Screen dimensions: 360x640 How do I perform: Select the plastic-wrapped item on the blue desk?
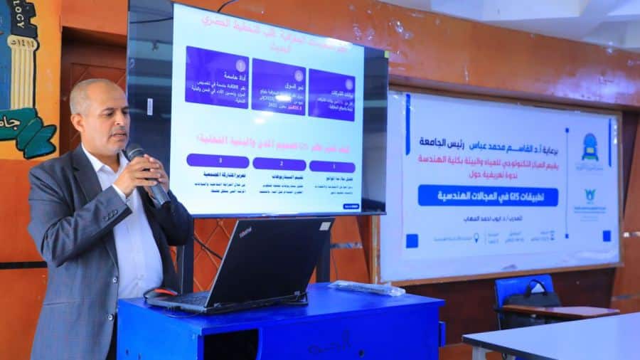tap(366, 287)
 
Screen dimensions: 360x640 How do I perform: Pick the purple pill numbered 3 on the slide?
tap(218, 161)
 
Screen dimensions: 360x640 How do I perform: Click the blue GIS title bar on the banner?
tap(488, 195)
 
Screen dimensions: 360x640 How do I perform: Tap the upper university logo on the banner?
tap(590, 147)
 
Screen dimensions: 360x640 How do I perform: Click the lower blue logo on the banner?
tap(590, 195)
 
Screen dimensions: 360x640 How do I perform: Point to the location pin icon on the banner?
tap(476, 237)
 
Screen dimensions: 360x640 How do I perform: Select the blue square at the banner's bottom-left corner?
tap(412, 240)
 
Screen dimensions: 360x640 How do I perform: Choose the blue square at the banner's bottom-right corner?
tap(607, 235)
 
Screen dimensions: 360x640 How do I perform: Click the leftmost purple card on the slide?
tap(216, 77)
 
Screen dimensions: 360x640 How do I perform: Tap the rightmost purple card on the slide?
tap(331, 94)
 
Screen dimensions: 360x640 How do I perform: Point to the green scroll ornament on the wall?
tap(28, 132)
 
